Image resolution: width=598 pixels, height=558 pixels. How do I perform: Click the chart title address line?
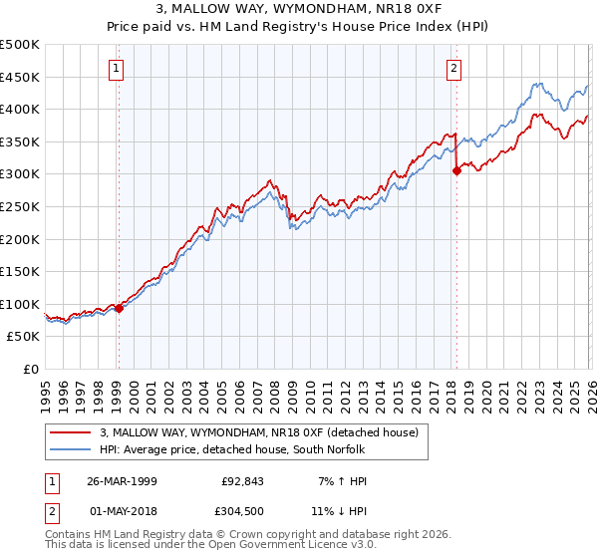(299, 10)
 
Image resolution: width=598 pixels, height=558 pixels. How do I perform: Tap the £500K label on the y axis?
(20, 45)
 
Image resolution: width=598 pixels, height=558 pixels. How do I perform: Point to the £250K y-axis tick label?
(20, 206)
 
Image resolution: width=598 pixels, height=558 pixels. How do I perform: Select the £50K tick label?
(23, 337)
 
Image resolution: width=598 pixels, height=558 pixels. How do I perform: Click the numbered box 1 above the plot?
(118, 69)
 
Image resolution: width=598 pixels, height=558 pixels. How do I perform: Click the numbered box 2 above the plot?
(454, 69)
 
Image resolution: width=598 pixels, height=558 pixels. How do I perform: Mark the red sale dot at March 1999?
(119, 309)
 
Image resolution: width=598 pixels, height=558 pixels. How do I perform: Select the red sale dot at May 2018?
(456, 170)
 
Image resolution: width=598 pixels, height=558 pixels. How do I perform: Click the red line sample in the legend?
(72, 432)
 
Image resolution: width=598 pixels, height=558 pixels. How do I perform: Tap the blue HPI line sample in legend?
(72, 449)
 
